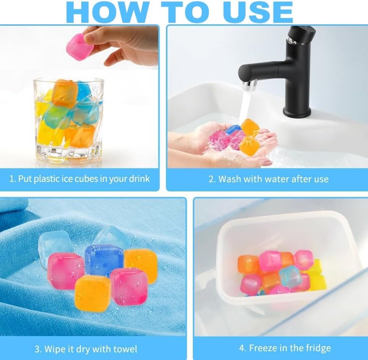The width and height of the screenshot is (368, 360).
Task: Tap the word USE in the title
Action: (258, 12)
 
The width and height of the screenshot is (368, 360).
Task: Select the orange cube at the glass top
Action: (64, 92)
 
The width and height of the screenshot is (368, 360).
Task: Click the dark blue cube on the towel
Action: (103, 260)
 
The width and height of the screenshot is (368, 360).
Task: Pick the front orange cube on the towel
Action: (93, 290)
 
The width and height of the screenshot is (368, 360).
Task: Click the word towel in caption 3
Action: (125, 349)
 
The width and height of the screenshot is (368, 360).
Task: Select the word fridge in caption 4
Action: (318, 348)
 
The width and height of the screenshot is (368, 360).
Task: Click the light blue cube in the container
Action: (288, 277)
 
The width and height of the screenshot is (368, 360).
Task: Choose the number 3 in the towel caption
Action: (37, 349)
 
